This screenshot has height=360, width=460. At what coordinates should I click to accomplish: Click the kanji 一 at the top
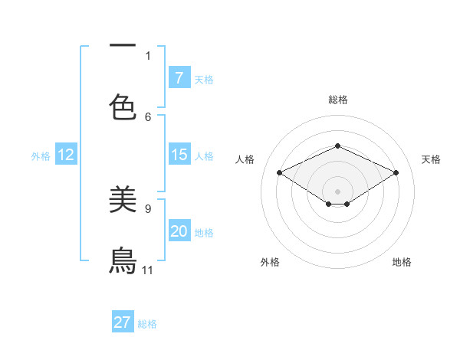point(123,45)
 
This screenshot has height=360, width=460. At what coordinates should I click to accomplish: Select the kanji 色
point(123,106)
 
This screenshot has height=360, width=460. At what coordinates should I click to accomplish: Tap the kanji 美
point(123,199)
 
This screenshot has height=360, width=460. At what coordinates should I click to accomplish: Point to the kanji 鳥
point(123,260)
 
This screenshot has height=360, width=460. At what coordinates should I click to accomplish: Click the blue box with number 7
point(179,78)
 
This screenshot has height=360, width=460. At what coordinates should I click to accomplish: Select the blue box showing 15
point(179,155)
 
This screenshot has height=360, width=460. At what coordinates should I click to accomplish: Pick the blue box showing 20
point(179,231)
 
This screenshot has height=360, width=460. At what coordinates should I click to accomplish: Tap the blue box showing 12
point(65,155)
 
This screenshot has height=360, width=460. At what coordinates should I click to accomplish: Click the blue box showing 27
point(123,322)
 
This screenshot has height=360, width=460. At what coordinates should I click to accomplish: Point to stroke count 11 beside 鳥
point(148,270)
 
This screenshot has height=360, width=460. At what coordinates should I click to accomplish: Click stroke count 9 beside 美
point(148,208)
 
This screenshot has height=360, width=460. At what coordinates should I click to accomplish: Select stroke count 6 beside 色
point(148,116)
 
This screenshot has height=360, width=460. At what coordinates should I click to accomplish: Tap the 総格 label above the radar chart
point(337,100)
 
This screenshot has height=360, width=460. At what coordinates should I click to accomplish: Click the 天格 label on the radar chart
point(431,159)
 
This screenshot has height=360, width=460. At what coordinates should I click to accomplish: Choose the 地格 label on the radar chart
point(402,262)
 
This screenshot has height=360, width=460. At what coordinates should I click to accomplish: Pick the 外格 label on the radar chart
point(270,262)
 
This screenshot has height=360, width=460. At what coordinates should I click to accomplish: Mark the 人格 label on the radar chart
point(245,159)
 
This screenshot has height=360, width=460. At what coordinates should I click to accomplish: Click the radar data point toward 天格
point(396,172)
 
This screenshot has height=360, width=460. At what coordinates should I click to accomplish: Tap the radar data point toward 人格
point(279,172)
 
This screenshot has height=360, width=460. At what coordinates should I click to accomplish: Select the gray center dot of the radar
point(337,191)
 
